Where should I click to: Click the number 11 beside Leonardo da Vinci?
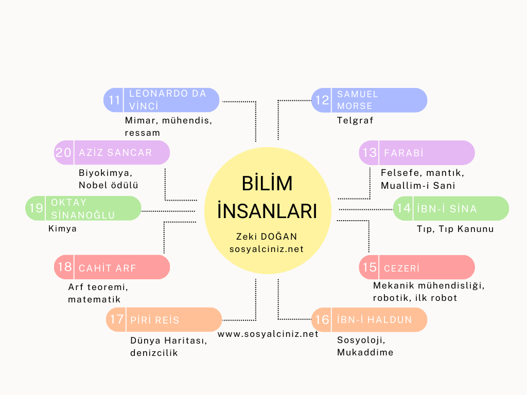coord(114,100)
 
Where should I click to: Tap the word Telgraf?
coord(355,121)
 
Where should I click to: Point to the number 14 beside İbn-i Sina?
coord(404,208)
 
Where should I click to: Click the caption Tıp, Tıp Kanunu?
coord(455,229)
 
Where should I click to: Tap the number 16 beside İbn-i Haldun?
coord(322,320)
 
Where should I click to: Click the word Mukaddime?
coord(365,353)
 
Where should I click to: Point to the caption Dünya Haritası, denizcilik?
coord(169,346)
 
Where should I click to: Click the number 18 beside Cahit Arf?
coord(65,267)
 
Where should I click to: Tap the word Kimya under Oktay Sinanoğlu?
coord(62,228)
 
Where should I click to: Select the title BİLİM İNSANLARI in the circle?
coord(267,197)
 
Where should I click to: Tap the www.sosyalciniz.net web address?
coord(268,334)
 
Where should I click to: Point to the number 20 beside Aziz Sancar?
coord(64,153)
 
